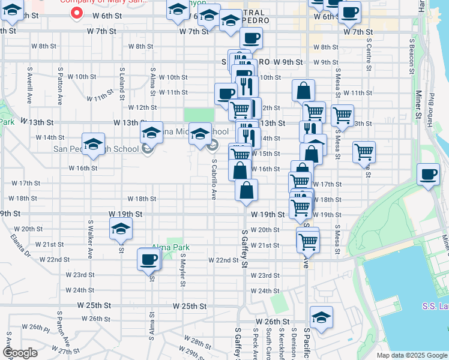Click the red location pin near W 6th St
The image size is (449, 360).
pos(77,13)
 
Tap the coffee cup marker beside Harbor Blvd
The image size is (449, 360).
pos(428,175)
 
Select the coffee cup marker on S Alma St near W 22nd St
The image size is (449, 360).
pos(148,260)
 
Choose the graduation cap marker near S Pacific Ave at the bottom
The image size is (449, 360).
pos(321,319)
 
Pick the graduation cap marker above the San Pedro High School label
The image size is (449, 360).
pos(93,144)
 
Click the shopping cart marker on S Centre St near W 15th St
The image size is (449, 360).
pos(364,152)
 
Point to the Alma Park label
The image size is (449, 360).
pos(170,247)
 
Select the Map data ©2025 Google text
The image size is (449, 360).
pos(411,355)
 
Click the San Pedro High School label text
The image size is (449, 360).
pos(88,149)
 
